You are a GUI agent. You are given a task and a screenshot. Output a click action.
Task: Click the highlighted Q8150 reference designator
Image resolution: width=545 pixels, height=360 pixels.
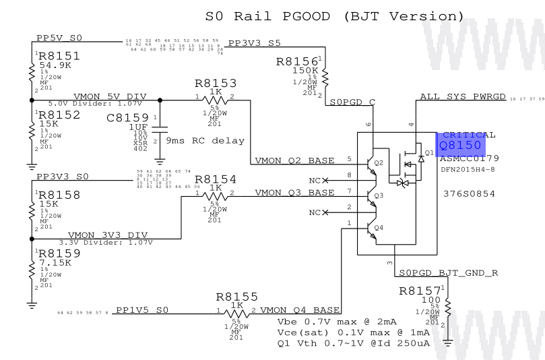(x=460, y=145)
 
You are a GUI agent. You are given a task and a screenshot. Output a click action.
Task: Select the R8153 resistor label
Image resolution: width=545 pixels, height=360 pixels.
(x=216, y=84)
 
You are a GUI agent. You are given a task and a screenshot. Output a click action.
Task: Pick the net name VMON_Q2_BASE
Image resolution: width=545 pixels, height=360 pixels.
(x=294, y=160)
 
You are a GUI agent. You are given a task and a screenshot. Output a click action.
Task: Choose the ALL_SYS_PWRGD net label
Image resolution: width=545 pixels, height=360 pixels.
(x=462, y=97)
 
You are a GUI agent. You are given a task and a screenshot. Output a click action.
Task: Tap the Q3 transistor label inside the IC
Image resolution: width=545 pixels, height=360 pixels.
(x=378, y=196)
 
